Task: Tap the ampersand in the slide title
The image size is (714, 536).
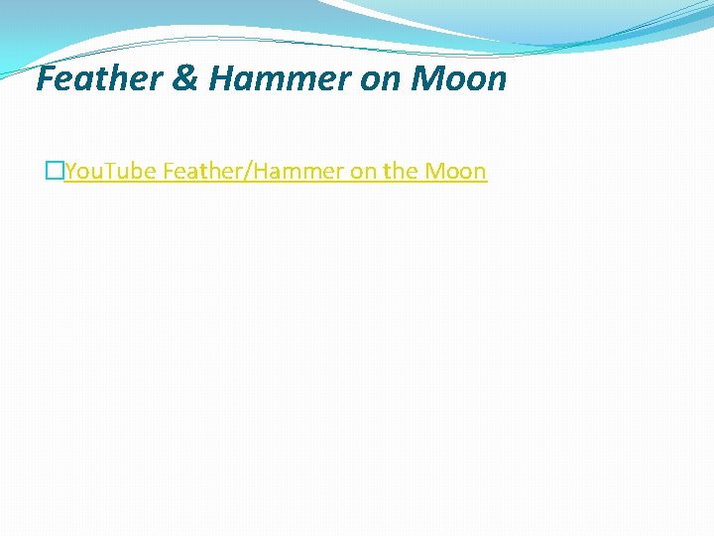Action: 187,78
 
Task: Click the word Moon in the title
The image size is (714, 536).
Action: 457,78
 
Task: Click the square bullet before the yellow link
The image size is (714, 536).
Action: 54,172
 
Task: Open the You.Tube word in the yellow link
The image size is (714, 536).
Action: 110,171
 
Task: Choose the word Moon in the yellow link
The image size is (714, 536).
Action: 455,171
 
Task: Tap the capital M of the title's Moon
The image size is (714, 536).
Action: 422,78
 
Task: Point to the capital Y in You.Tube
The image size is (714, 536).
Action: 70,171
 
